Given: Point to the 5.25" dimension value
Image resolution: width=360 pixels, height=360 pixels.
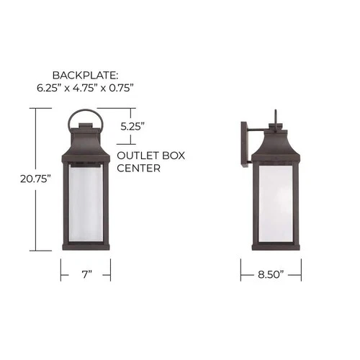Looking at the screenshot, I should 132,125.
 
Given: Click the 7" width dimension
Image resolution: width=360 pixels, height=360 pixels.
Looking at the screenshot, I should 86,275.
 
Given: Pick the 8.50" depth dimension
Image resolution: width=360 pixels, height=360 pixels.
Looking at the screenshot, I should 270,275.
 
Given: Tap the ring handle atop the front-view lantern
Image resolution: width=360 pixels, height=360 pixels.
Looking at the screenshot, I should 86,115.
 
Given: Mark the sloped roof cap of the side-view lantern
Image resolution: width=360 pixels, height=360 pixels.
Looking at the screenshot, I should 276,144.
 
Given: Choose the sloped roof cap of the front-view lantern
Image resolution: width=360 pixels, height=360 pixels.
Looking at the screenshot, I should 86,144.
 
